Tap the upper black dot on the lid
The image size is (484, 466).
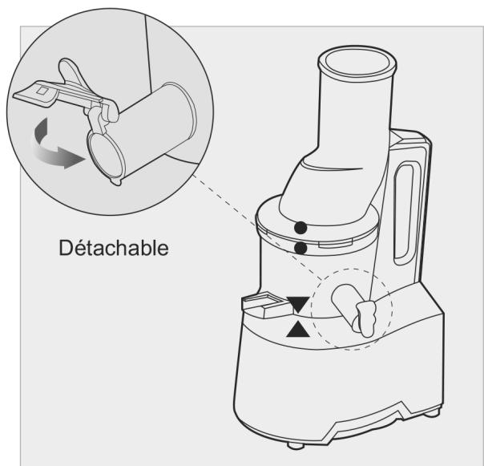coord(300,227)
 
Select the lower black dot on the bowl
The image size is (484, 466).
coord(300,248)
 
